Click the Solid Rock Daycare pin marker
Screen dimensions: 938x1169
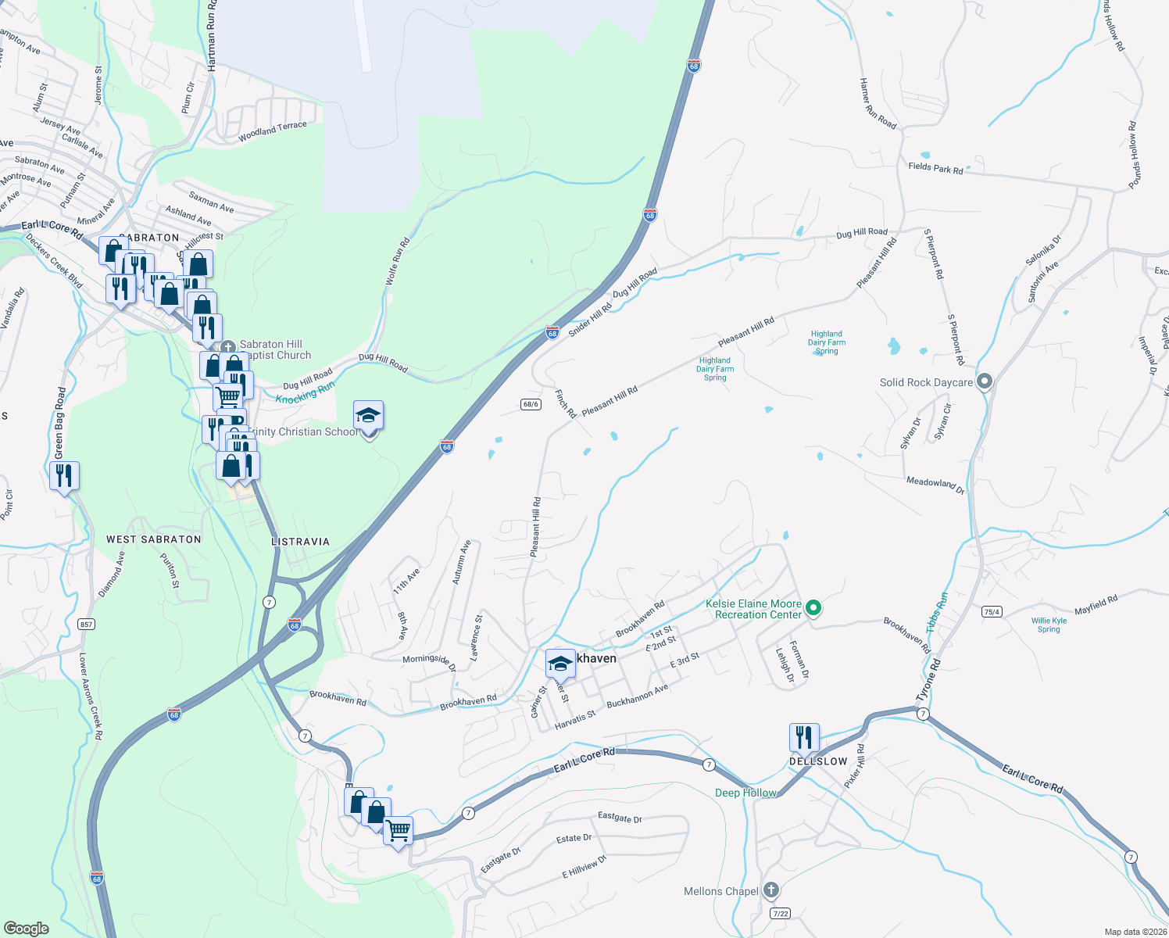tap(985, 381)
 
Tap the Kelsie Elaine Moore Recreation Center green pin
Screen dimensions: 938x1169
tap(813, 607)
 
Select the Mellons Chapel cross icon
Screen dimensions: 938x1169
tap(770, 890)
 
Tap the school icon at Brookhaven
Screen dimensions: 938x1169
tap(560, 664)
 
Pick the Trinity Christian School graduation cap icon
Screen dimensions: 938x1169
tap(368, 416)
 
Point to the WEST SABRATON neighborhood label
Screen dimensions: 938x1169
tap(154, 539)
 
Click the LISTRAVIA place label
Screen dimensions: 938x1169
tap(300, 542)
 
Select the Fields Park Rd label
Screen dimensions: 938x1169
tap(935, 167)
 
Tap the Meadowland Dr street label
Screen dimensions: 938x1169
tap(935, 485)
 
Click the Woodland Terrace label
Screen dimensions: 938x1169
tap(273, 131)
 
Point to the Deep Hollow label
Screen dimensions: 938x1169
tap(745, 793)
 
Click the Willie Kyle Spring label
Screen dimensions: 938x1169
tap(1049, 625)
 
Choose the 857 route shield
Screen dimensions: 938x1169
tap(86, 624)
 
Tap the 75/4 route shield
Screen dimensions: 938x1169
tap(992, 612)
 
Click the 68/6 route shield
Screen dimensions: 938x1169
tap(531, 404)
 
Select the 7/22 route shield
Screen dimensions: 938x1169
tap(779, 913)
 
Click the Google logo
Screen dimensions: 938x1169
tap(26, 929)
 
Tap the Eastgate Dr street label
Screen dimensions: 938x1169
tap(620, 818)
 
